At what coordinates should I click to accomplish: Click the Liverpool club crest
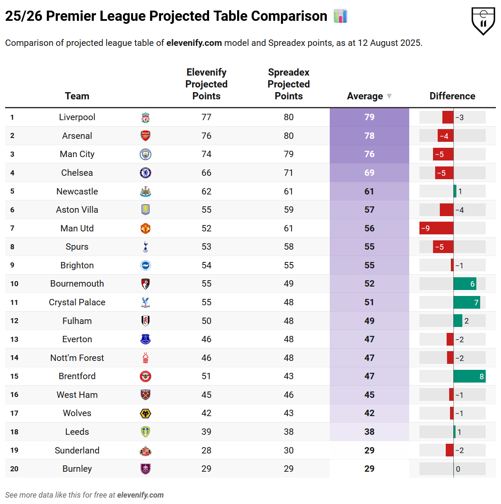(x=145, y=118)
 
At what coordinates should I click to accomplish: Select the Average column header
(x=365, y=96)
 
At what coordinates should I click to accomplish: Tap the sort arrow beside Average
(x=389, y=96)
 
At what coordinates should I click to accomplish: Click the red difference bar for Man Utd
(x=436, y=228)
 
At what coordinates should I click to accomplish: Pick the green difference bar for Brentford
(x=469, y=376)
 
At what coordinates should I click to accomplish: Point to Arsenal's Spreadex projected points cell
(x=289, y=136)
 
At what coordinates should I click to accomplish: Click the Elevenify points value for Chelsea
(x=206, y=173)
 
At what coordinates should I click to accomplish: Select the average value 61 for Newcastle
(x=369, y=191)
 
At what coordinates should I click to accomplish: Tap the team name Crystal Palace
(x=77, y=302)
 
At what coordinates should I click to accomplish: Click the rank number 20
(x=14, y=469)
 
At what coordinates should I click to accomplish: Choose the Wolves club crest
(x=145, y=414)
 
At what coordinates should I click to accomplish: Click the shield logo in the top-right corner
(x=483, y=20)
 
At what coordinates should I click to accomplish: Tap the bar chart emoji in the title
(x=340, y=16)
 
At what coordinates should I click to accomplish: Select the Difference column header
(x=452, y=96)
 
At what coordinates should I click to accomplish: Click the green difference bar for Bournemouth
(x=464, y=284)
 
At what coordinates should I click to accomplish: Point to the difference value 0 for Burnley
(x=458, y=469)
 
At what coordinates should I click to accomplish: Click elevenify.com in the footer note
(x=140, y=495)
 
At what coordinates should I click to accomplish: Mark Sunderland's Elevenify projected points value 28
(x=206, y=451)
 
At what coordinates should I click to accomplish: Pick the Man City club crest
(x=145, y=155)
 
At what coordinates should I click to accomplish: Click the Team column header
(x=77, y=96)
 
